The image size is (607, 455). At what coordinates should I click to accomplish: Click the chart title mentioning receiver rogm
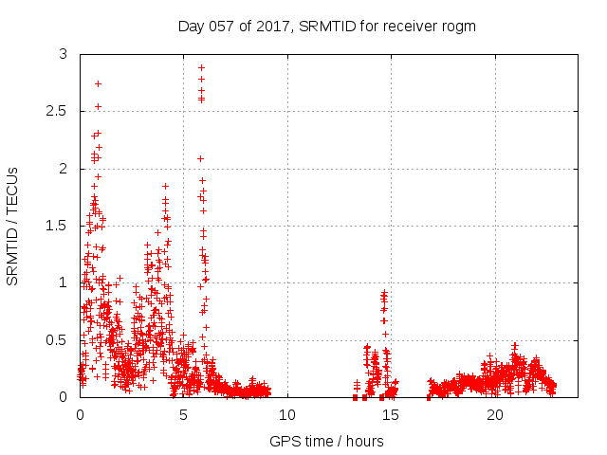326,26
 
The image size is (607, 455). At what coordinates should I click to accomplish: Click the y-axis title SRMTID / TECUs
13,226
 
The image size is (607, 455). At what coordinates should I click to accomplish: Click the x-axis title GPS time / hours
326,441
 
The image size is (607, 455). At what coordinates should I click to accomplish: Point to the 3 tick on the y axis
63,55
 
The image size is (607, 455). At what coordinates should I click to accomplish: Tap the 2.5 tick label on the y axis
56,112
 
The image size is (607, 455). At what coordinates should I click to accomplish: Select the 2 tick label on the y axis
63,169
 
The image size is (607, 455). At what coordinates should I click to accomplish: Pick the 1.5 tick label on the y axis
56,226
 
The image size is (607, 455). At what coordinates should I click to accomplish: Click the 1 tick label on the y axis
63,282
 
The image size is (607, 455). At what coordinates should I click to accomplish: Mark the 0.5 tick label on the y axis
56,339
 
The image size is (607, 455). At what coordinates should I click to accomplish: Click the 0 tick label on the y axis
63,396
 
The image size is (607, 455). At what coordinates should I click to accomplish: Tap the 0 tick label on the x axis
80,415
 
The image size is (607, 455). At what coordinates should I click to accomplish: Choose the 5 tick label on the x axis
183,415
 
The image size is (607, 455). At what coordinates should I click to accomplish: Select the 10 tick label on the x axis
287,415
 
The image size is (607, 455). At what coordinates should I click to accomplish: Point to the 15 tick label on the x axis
391,415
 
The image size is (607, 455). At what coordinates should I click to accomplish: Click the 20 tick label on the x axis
495,415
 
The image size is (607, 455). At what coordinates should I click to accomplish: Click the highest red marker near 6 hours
201,67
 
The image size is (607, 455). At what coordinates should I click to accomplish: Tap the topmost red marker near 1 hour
98,83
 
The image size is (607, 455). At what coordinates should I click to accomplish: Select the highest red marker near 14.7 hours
384,293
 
